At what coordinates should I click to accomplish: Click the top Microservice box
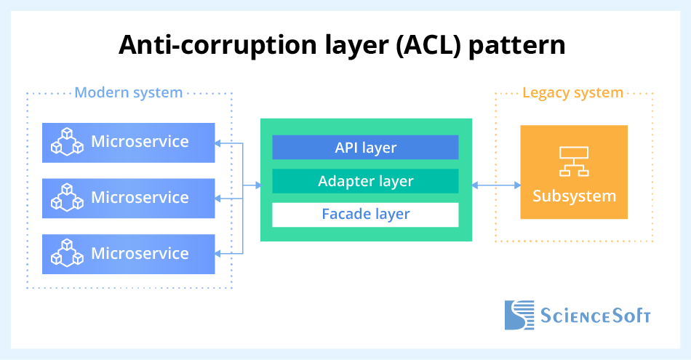[x=129, y=142]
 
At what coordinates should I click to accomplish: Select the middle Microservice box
[x=129, y=198]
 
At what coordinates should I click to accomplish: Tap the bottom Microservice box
[x=129, y=254]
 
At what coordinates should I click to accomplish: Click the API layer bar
[x=365, y=147]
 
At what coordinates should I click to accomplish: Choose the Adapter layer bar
[x=365, y=181]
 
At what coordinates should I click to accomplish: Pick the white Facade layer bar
[x=365, y=215]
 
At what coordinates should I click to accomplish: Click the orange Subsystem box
[x=574, y=172]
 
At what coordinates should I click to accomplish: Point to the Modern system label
[x=129, y=92]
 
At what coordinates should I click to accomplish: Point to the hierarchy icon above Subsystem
[x=573, y=161]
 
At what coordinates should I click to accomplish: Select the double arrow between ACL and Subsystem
[x=497, y=186]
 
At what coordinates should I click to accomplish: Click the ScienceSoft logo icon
[x=519, y=315]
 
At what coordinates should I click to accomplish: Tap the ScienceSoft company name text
[x=596, y=316]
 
